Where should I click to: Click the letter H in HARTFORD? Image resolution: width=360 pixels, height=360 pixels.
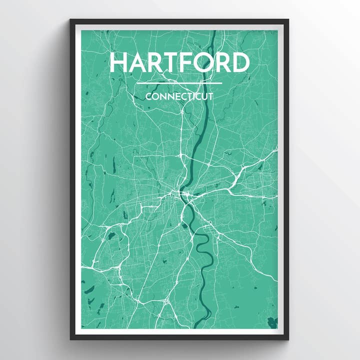(x=118, y=62)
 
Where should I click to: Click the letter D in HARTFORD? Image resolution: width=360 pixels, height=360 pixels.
(x=240, y=62)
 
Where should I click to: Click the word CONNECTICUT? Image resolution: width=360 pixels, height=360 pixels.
(x=179, y=96)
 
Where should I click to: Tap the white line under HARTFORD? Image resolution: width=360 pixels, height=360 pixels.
(x=178, y=83)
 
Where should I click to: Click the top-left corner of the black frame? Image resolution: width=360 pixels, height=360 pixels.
(x=70, y=20)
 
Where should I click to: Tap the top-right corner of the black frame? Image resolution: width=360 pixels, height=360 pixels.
(x=288, y=20)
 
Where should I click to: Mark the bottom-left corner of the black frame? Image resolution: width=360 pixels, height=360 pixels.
(x=70, y=339)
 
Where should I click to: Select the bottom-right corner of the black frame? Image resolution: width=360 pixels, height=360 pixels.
(x=288, y=339)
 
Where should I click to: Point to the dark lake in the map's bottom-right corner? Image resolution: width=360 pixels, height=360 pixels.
(x=272, y=322)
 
